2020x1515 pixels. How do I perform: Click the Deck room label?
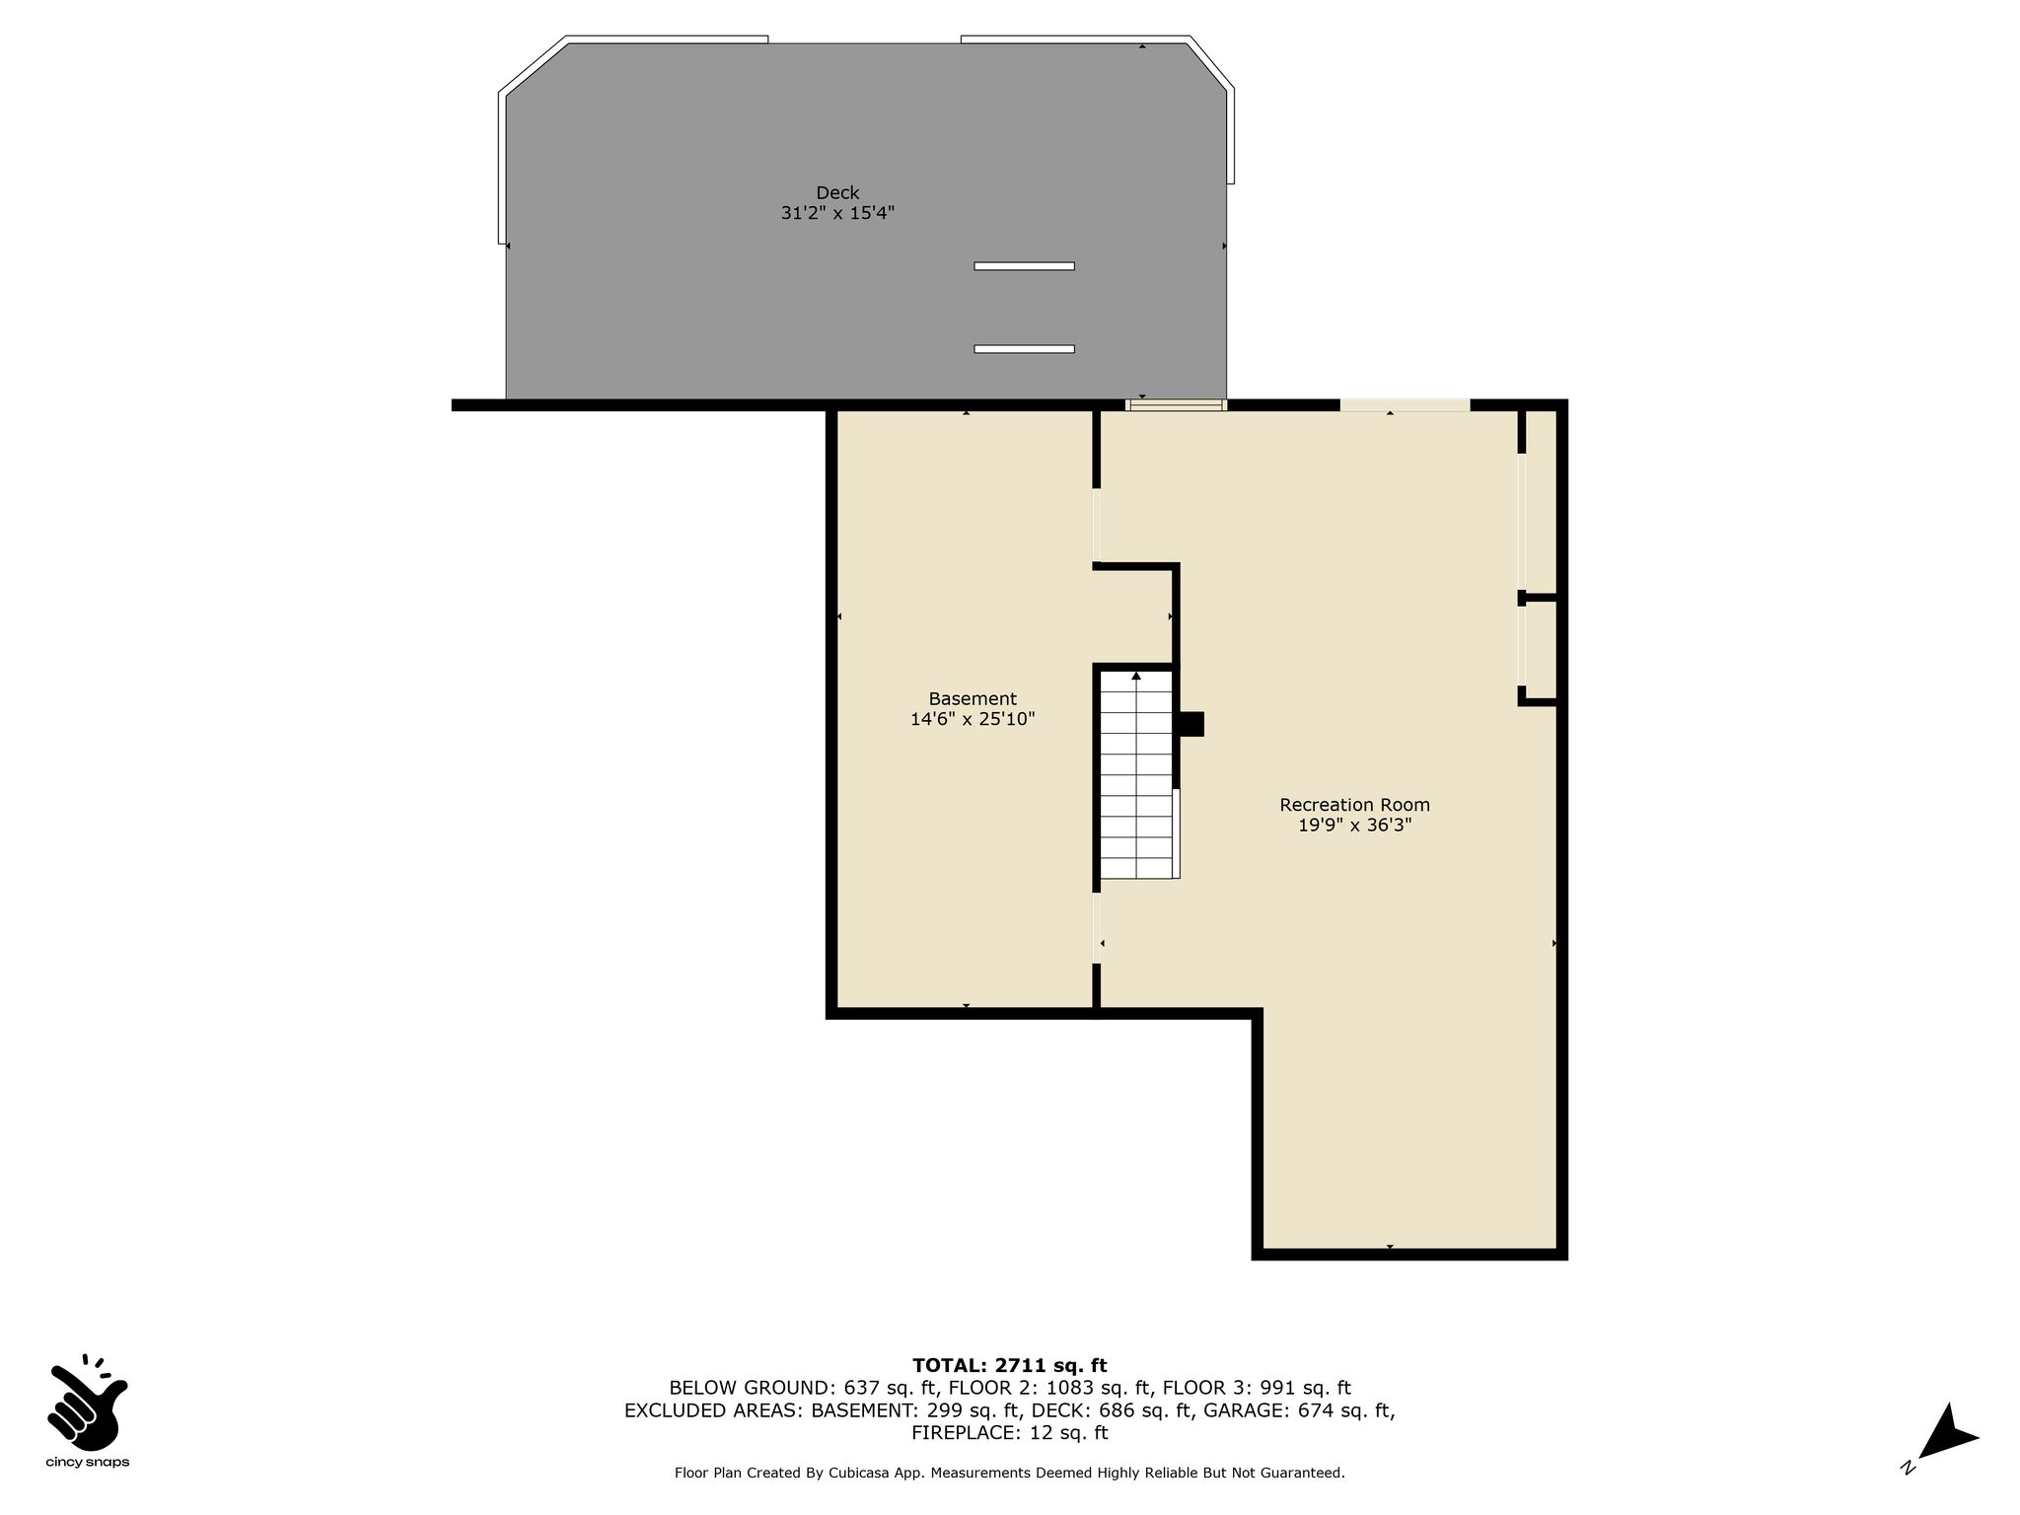837,192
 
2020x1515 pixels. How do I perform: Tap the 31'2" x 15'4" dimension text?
837,213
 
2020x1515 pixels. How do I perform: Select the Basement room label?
973,699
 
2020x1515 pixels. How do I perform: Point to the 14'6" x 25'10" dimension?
973,720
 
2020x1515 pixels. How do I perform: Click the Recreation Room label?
1354,805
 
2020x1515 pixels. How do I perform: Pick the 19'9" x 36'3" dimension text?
1354,826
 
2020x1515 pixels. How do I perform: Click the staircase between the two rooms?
1136,774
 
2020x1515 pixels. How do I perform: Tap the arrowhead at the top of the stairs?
1136,676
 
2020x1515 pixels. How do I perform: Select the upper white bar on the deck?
1024,266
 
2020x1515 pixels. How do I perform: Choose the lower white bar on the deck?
1024,349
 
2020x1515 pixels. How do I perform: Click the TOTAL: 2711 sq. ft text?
1010,1366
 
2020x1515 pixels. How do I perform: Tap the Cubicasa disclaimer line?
1010,1474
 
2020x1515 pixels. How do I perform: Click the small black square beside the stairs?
1191,724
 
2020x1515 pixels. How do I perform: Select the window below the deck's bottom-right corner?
1176,404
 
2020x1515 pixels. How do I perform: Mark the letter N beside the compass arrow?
1908,1468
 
